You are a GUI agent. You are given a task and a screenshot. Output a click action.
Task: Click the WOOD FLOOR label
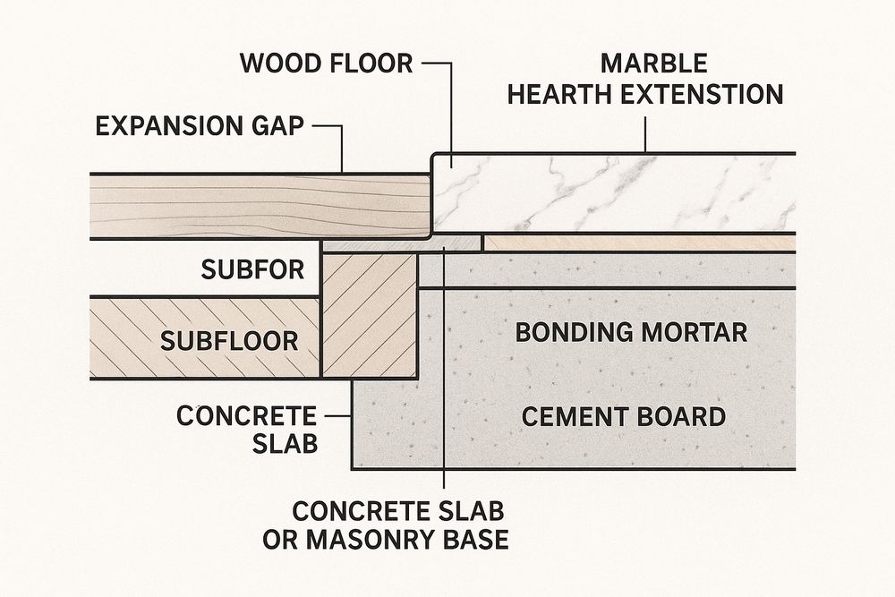pyautogui.click(x=326, y=64)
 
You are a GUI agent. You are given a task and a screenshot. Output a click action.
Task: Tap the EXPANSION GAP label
pyautogui.click(x=199, y=124)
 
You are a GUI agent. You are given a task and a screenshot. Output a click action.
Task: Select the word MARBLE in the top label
pyautogui.click(x=653, y=64)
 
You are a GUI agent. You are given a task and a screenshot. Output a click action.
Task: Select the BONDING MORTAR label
pyautogui.click(x=631, y=332)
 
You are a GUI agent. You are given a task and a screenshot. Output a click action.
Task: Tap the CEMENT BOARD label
pyautogui.click(x=623, y=416)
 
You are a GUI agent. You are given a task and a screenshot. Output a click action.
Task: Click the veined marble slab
pyautogui.click(x=618, y=192)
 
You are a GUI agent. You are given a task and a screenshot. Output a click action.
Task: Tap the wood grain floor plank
pyautogui.click(x=260, y=206)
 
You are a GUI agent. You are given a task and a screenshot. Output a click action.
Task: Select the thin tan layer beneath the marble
pyautogui.click(x=639, y=243)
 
